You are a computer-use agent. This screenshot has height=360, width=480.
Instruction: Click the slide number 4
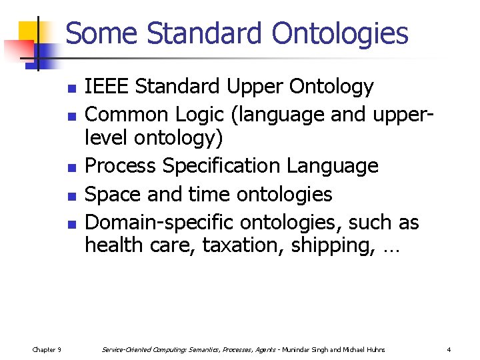tap(449, 349)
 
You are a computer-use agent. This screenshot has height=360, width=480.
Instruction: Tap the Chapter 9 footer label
tap(47, 349)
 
